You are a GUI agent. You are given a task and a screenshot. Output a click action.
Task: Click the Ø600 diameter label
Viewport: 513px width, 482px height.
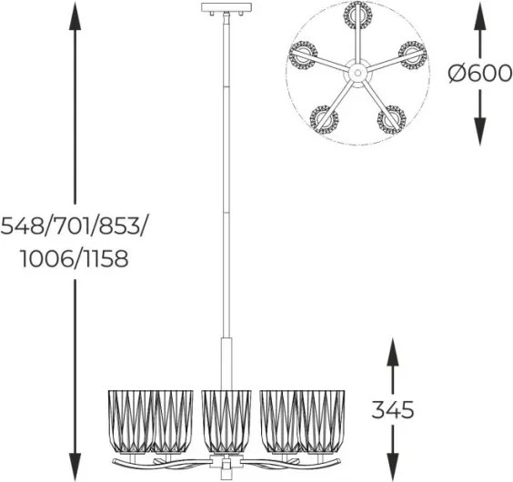479,74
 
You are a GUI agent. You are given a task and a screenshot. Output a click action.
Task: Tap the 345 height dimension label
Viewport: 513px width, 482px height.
393,409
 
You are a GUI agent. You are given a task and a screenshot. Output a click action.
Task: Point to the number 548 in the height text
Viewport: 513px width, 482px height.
22,226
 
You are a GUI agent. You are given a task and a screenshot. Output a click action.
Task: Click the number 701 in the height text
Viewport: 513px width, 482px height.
71,226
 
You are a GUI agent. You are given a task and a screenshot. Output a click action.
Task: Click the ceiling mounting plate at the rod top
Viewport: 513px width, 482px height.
227,7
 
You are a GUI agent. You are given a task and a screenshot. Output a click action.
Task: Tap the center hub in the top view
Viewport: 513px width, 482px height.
357,73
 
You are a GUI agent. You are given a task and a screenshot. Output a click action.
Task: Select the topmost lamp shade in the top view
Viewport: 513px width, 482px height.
358,15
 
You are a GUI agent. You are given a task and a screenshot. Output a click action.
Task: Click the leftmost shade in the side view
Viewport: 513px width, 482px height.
131,421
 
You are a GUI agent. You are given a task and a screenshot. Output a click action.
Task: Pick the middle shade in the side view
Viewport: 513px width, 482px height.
226,421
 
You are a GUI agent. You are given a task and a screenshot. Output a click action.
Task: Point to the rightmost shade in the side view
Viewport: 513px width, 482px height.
322,421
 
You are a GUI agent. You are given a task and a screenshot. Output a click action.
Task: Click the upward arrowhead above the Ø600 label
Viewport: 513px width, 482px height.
479,17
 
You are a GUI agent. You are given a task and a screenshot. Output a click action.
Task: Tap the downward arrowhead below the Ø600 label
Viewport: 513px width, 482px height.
479,131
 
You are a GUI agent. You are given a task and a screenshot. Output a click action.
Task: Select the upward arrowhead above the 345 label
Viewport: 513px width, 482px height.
393,353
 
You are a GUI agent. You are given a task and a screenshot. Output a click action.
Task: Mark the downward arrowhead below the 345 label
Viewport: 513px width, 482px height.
393,466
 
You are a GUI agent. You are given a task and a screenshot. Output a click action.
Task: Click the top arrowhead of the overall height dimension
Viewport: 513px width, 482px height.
75,16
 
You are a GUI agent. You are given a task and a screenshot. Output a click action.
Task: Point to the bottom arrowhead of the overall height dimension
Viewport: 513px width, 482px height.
75,466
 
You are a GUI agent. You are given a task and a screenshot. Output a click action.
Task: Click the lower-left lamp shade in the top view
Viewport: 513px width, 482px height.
324,119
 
